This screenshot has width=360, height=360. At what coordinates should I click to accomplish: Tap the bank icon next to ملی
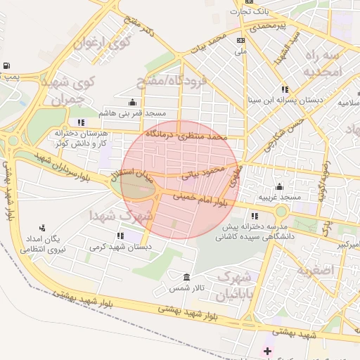pos(241,41)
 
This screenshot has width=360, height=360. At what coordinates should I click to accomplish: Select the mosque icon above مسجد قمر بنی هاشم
pos(132,102)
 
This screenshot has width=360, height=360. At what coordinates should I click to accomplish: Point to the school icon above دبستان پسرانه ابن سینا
pos(285,89)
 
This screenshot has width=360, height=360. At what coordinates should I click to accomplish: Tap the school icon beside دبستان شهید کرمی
pos(120,236)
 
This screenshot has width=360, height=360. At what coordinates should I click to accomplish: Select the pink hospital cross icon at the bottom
pos(266,350)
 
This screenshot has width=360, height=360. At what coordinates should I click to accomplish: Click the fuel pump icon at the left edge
pos(6,66)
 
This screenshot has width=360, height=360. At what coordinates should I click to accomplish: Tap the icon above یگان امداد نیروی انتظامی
pos(42,228)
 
